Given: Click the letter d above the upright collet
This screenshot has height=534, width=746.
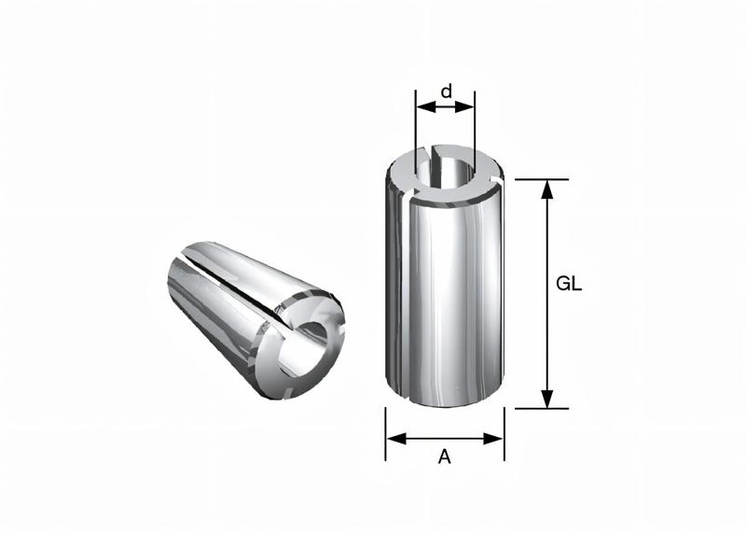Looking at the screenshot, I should tap(447, 91).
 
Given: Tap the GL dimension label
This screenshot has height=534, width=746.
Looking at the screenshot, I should tap(569, 286).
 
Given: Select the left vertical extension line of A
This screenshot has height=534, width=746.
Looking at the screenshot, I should tap(386, 434).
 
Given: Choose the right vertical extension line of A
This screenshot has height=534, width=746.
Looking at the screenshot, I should tap(504, 434).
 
